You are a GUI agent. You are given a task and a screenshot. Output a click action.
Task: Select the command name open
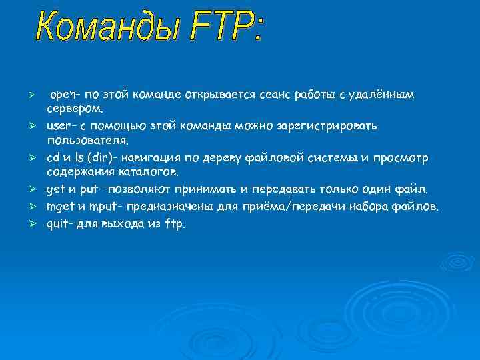[x=64, y=95]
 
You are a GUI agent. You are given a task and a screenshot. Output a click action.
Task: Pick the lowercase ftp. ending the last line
[x=176, y=224]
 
